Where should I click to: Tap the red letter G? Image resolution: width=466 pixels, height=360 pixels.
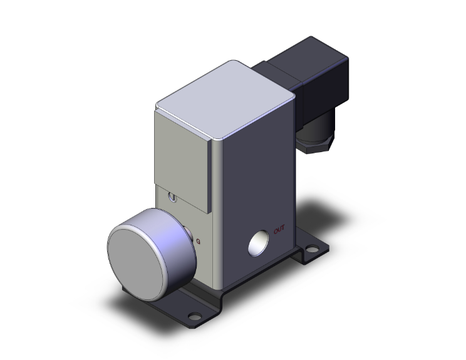click(199, 241)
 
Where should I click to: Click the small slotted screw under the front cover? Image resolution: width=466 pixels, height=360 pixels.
click(173, 199)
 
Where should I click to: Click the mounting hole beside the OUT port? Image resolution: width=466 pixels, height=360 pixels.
click(311, 249)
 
